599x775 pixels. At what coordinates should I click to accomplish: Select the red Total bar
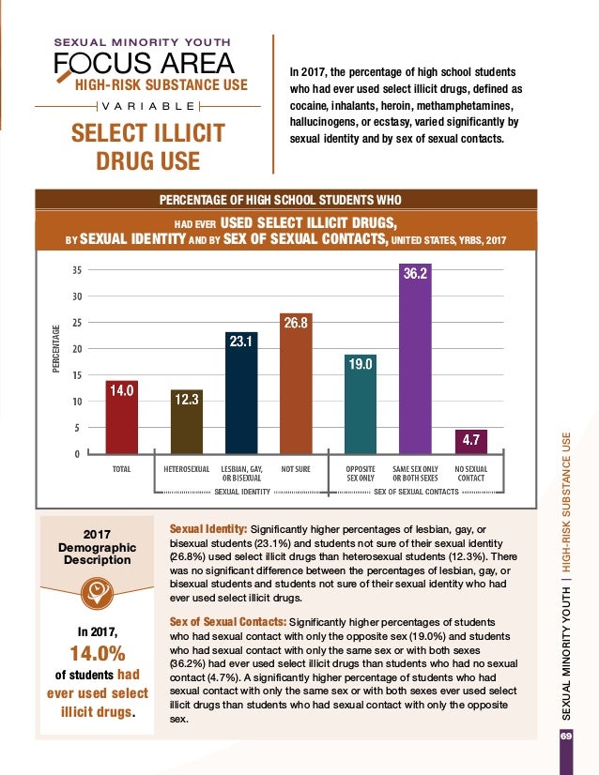(x=122, y=418)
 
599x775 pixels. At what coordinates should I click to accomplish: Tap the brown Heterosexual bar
(x=186, y=422)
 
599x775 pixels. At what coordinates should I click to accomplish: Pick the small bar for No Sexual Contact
(x=471, y=442)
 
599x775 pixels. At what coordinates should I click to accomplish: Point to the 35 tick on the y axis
(x=75, y=270)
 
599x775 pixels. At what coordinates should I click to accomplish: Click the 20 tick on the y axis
(x=75, y=349)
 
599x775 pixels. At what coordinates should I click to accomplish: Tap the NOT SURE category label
(x=296, y=466)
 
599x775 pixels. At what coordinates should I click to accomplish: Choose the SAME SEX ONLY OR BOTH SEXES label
(x=415, y=472)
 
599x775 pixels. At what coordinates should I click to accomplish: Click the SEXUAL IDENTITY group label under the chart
(x=242, y=491)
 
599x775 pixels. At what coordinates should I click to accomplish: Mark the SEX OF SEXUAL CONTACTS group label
(x=415, y=491)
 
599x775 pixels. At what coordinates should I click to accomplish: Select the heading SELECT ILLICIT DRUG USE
(x=148, y=145)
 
